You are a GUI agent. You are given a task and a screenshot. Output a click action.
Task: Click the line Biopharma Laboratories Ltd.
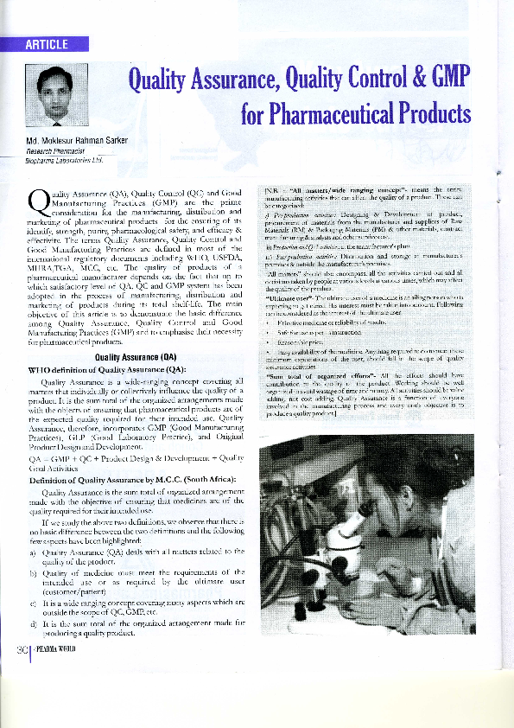tap(64, 160)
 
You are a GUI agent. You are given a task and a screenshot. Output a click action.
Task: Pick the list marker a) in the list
tap(32, 550)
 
